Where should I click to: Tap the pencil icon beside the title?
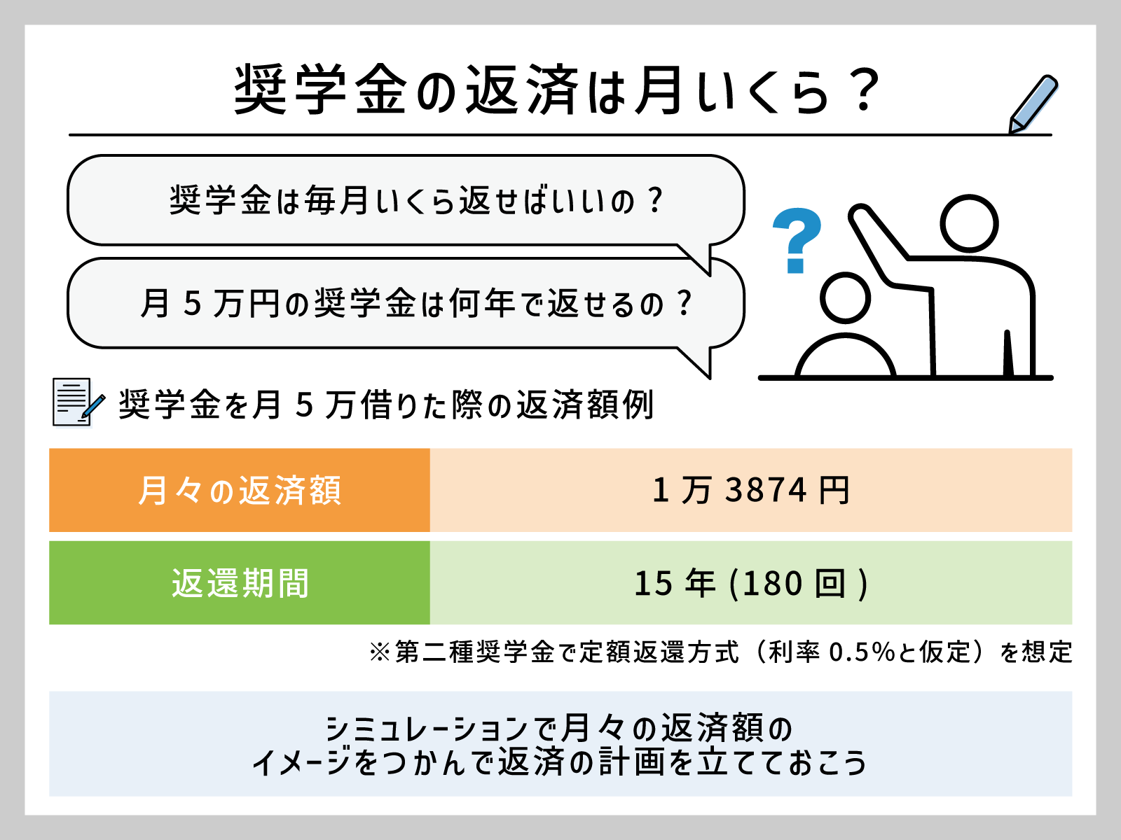pos(1033,104)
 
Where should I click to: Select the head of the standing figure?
pos(969,223)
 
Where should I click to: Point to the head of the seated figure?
pos(845,298)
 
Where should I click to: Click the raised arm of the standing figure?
pos(879,245)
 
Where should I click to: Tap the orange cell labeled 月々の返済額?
pos(240,490)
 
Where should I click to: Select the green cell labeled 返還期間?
pos(240,582)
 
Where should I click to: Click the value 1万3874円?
pos(751,490)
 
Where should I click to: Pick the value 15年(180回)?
pos(751,583)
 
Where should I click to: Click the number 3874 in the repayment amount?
pos(766,490)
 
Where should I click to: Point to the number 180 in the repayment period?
pos(771,584)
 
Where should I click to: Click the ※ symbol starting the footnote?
pos(380,652)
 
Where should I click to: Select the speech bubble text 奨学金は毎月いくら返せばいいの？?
pos(416,200)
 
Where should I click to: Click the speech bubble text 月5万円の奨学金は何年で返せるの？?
pos(416,303)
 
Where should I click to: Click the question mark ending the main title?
pos(862,90)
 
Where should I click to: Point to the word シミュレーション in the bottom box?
pos(427,728)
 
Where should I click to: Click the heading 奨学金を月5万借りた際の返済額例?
pos(386,405)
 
